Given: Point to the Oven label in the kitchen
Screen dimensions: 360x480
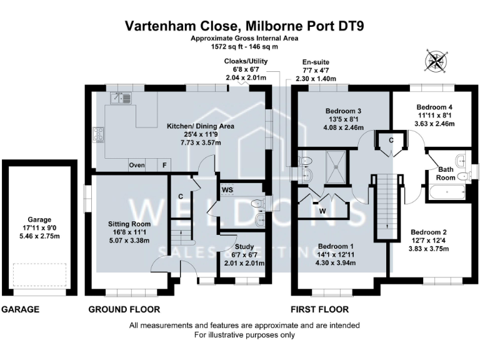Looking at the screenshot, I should point(136,166).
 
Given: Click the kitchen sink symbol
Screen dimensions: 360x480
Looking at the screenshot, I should point(121,98).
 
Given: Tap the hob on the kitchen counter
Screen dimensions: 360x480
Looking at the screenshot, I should point(99,134).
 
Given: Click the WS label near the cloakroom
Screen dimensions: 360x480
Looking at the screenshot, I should point(227,188).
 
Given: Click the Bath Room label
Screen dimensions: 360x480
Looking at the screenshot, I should point(445,173).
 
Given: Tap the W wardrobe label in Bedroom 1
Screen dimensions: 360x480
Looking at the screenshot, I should point(322,211).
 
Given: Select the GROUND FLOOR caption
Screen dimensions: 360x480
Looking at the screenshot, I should point(124,309).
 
